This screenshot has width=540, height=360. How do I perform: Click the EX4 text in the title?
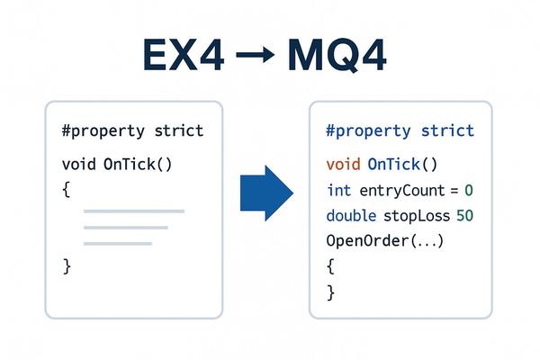[x=184, y=55]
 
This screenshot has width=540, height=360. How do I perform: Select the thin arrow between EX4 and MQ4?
[x=256, y=54]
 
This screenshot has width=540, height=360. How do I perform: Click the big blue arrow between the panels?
[x=266, y=193]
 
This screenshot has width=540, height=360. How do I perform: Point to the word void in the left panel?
[x=79, y=164]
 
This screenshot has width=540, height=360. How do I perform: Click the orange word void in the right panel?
[x=344, y=164]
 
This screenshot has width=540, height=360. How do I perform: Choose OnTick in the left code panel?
[x=130, y=164]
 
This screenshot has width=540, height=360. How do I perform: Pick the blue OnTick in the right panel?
[x=394, y=164]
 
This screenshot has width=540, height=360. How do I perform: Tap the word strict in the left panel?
[x=179, y=130]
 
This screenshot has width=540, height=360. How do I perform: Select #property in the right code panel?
[x=368, y=131]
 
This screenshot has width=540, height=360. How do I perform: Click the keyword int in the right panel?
[x=339, y=191]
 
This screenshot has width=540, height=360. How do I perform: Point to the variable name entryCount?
[x=402, y=191]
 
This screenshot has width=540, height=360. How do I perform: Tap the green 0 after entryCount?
[x=469, y=191]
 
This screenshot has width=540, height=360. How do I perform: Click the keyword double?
[x=351, y=216]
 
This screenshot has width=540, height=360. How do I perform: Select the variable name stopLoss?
[x=417, y=216]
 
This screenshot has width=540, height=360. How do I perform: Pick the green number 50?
[x=464, y=216]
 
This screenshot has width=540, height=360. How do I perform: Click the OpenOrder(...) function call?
[x=385, y=241]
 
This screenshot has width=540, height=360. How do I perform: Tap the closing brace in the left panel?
[x=67, y=266]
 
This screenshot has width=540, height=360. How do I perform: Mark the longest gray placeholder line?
[x=134, y=211]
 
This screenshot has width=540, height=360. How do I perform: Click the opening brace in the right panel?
[x=330, y=266]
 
